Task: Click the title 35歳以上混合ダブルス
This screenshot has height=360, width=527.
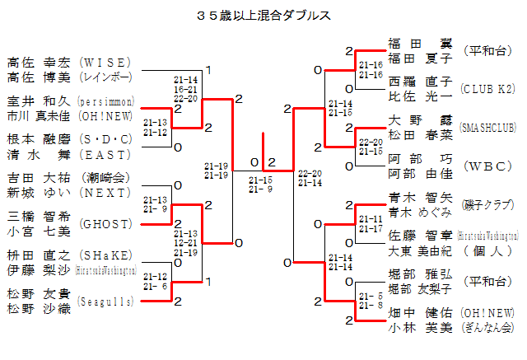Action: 264,16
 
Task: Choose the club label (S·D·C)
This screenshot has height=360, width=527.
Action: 105,138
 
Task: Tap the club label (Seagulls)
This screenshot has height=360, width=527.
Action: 105,302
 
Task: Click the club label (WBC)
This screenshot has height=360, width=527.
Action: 487,166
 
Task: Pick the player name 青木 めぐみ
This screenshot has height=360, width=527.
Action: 420,213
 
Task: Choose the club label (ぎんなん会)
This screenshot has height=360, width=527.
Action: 487,328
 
